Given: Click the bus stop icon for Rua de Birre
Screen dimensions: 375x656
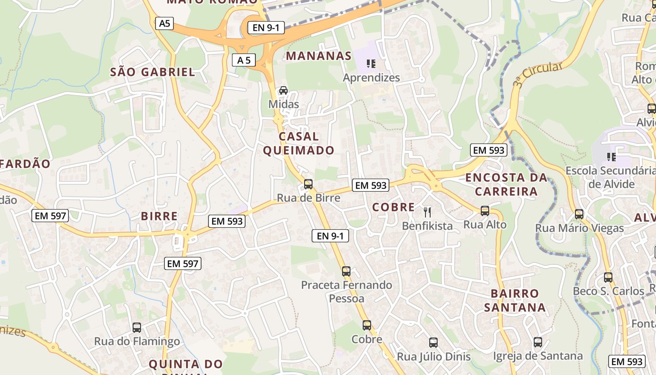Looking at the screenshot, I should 308,184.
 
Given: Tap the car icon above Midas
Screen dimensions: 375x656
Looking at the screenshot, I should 283,90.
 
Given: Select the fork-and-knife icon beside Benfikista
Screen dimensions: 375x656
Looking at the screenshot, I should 427,212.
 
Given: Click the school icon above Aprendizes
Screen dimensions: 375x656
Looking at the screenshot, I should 371,64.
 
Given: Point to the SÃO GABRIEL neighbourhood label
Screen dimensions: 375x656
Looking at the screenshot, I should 152,72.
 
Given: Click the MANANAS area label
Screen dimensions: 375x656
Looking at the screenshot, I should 319,56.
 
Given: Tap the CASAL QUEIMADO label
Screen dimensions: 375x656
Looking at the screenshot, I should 298,143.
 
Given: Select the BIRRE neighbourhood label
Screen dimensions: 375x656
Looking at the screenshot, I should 159,216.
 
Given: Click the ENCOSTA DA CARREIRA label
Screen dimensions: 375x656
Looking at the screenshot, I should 506,185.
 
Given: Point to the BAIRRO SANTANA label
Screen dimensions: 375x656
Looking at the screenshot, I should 515,300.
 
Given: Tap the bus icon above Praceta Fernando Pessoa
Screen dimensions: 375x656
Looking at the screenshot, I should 346,271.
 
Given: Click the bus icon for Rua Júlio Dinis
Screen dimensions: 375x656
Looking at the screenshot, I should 433,343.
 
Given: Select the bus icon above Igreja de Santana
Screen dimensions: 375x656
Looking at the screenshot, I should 537,342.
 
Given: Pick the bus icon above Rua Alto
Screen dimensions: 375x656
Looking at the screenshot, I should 485,211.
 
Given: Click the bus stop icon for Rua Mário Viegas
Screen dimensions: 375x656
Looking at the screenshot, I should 579,214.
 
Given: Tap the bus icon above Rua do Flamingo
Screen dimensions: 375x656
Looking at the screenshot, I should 137,328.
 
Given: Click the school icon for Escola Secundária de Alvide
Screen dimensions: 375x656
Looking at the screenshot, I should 611,157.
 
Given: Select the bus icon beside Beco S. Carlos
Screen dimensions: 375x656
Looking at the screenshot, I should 608,277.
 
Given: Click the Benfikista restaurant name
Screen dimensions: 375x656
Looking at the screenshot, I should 427,226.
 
